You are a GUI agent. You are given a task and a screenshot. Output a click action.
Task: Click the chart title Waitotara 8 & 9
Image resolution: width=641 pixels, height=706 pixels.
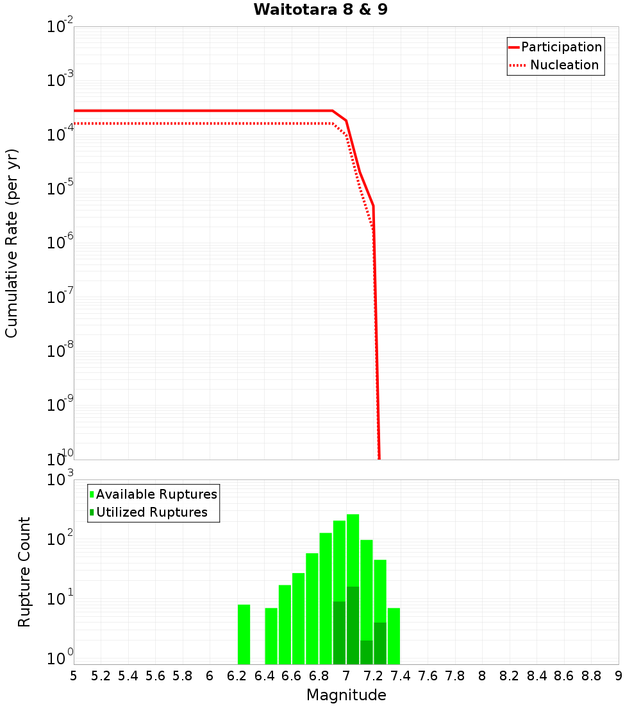(x=320, y=10)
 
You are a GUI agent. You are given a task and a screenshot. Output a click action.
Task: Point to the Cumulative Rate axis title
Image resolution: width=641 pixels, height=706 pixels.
(x=12, y=243)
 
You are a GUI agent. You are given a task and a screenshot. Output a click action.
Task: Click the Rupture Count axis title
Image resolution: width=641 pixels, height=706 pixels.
(x=24, y=572)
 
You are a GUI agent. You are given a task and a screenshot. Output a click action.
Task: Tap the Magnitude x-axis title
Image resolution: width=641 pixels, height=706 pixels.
(x=346, y=695)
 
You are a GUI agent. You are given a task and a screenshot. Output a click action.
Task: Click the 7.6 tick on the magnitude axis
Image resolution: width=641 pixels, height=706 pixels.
(x=428, y=676)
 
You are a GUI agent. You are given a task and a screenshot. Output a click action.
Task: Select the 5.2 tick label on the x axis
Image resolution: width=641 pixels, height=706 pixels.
(x=101, y=676)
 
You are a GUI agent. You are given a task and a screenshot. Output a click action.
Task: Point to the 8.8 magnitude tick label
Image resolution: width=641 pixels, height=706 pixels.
(x=591, y=676)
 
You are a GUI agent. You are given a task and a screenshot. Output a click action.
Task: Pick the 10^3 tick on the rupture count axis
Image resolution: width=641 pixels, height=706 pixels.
(x=62, y=481)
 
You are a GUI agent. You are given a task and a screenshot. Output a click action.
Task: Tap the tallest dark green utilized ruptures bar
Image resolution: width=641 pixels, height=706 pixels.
(x=353, y=626)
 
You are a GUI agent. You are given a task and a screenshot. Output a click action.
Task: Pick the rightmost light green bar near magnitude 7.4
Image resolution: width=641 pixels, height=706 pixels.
(x=394, y=636)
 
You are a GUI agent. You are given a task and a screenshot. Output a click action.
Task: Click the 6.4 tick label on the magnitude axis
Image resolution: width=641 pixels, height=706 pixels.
(x=264, y=676)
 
